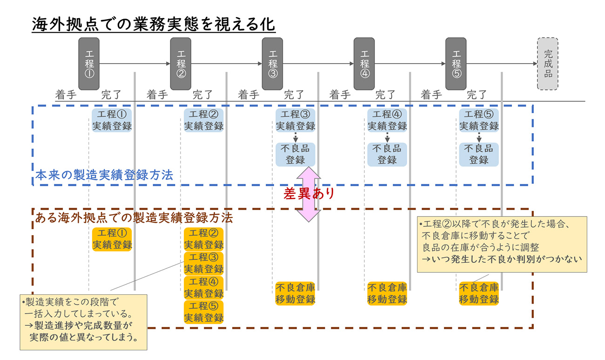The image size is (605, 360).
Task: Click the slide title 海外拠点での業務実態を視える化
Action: (x=154, y=25)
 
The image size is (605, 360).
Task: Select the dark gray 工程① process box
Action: (x=89, y=64)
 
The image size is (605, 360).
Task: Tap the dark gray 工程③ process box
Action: (x=272, y=64)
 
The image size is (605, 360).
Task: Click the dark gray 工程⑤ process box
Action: (x=456, y=64)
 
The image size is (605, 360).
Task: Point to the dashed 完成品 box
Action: (x=547, y=64)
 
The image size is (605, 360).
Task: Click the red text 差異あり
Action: (x=309, y=194)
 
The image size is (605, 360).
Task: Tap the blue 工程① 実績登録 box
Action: (x=112, y=120)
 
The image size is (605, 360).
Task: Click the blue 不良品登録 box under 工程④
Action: (x=387, y=154)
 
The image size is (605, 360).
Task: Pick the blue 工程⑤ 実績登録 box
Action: (x=479, y=120)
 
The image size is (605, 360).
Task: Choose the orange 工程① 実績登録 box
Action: (x=112, y=239)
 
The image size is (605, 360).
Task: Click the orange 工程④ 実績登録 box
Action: (x=203, y=288)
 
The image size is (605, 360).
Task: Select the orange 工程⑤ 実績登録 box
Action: (x=203, y=312)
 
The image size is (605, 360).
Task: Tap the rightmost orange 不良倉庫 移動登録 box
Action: (x=479, y=293)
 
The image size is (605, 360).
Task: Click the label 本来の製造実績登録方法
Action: (x=104, y=176)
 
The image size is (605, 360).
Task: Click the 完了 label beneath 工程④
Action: (x=386, y=95)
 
